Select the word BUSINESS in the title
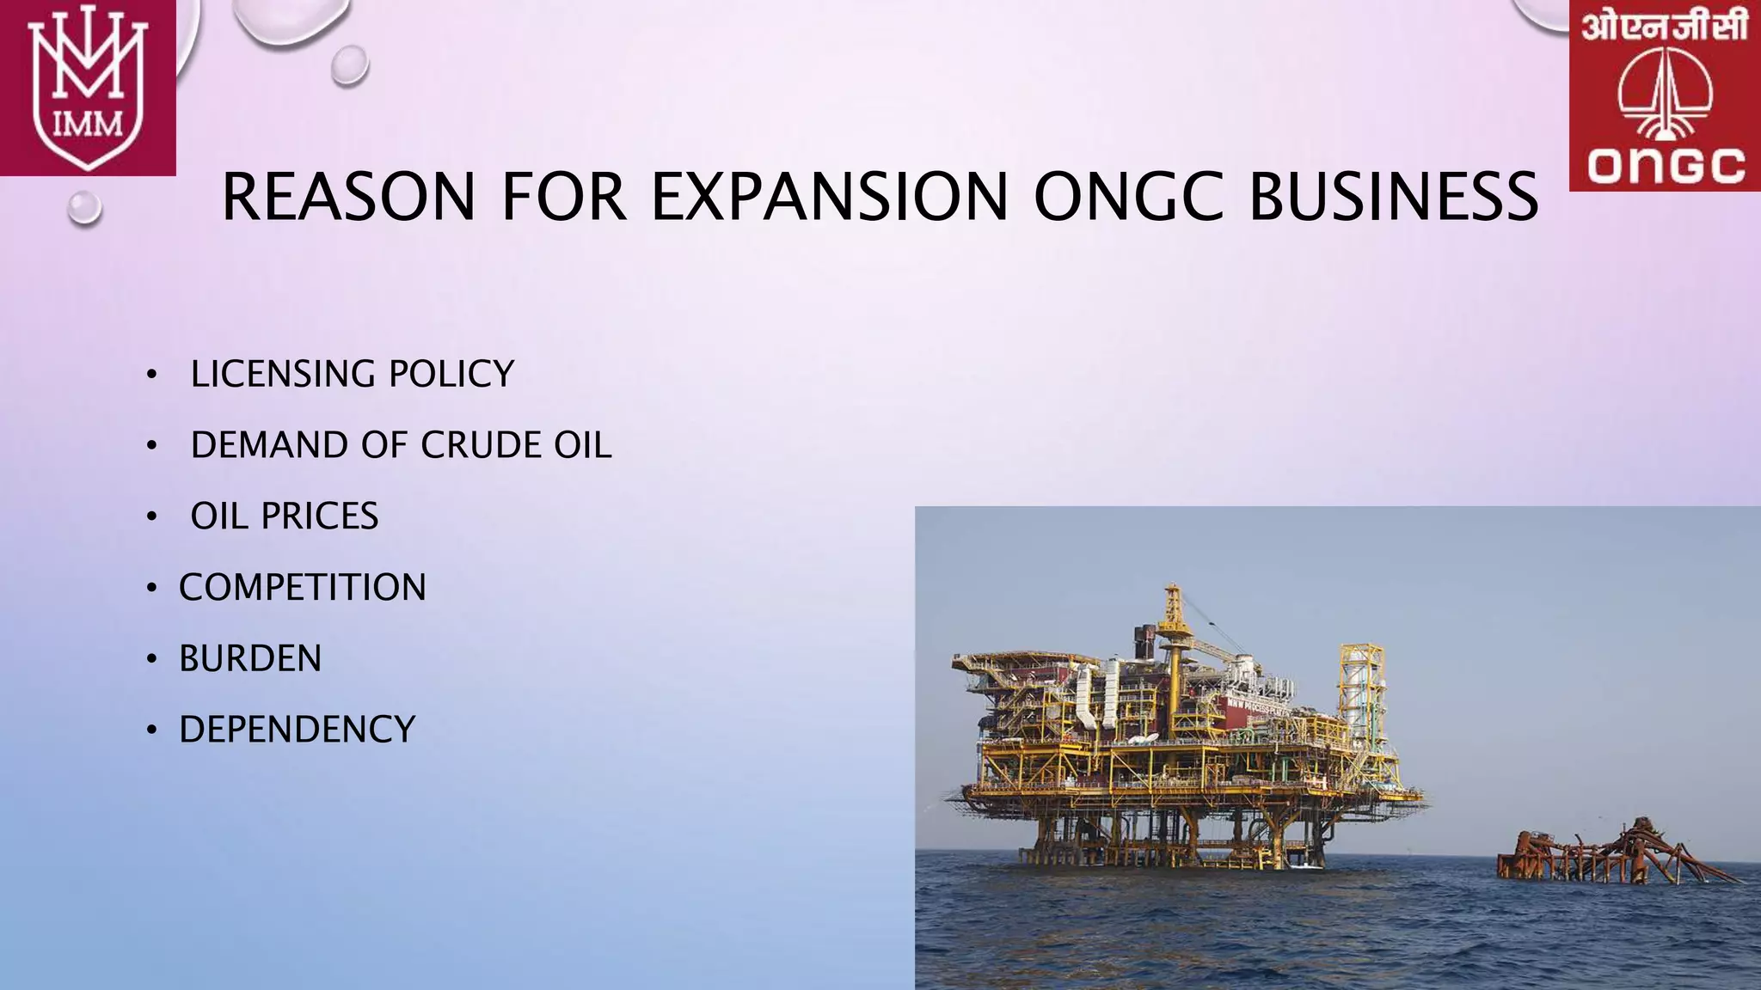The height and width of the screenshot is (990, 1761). pos(1393,197)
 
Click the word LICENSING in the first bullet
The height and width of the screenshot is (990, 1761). pos(283,375)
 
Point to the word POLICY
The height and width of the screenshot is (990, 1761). pos(451,375)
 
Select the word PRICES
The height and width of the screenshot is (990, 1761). pos(320,516)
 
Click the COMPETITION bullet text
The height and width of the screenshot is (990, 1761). pos(303,588)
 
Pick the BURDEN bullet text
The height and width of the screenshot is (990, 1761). pos(250,659)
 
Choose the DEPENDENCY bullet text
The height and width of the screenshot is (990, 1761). pos(298,730)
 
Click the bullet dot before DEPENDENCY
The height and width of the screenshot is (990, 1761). pos(152,730)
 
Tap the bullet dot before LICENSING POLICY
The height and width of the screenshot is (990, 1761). pos(152,375)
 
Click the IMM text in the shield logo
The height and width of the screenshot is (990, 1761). pos(88,125)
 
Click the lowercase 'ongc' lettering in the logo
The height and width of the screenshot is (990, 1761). pos(1666,165)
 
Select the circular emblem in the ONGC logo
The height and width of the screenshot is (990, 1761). pos(1665,95)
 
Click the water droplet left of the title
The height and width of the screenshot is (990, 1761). pos(84,207)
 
